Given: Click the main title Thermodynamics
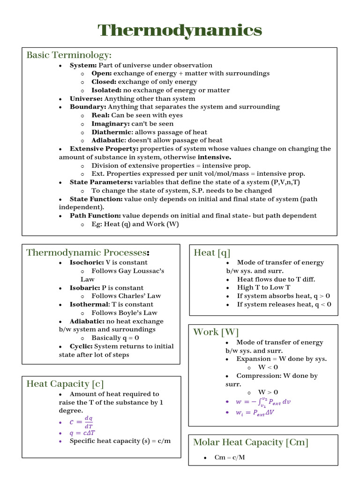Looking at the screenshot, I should coord(180,30).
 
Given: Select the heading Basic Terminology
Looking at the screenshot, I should coord(69,55).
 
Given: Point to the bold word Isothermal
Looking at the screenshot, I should coord(89,304).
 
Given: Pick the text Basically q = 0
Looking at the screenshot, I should coord(115,337).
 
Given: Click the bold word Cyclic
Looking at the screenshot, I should coord(81,346).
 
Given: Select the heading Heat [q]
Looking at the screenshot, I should coord(212,253).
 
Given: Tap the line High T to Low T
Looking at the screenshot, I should coord(263,287).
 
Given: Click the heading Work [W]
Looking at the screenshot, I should coord(216,332).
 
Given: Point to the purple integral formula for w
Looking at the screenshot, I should coord(263,402).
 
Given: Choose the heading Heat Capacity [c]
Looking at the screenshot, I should coord(65,384).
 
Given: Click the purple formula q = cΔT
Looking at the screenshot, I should coord(82,433).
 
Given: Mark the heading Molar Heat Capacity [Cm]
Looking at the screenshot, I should coord(251,442).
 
